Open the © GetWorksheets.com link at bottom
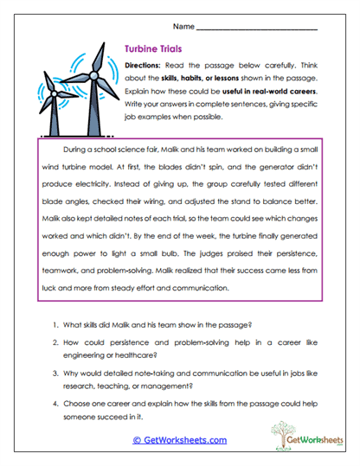(179, 440)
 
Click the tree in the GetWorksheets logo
(282, 431)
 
